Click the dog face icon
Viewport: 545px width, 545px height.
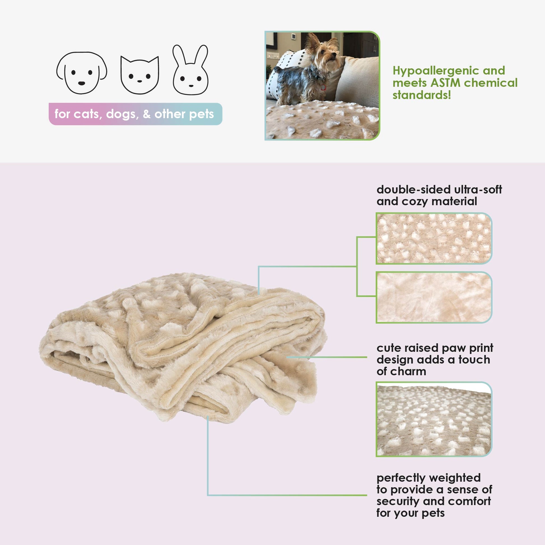[81, 73]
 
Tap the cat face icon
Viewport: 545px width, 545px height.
[140, 75]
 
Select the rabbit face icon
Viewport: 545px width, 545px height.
[190, 70]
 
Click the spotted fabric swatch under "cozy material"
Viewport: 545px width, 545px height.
[434, 238]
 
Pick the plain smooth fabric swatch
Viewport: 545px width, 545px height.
[434, 297]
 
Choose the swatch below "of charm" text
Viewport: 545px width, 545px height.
[434, 419]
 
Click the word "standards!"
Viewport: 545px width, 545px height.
[422, 95]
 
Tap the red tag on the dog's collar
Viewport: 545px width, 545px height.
[323, 87]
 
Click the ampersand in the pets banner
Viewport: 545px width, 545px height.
[146, 114]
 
